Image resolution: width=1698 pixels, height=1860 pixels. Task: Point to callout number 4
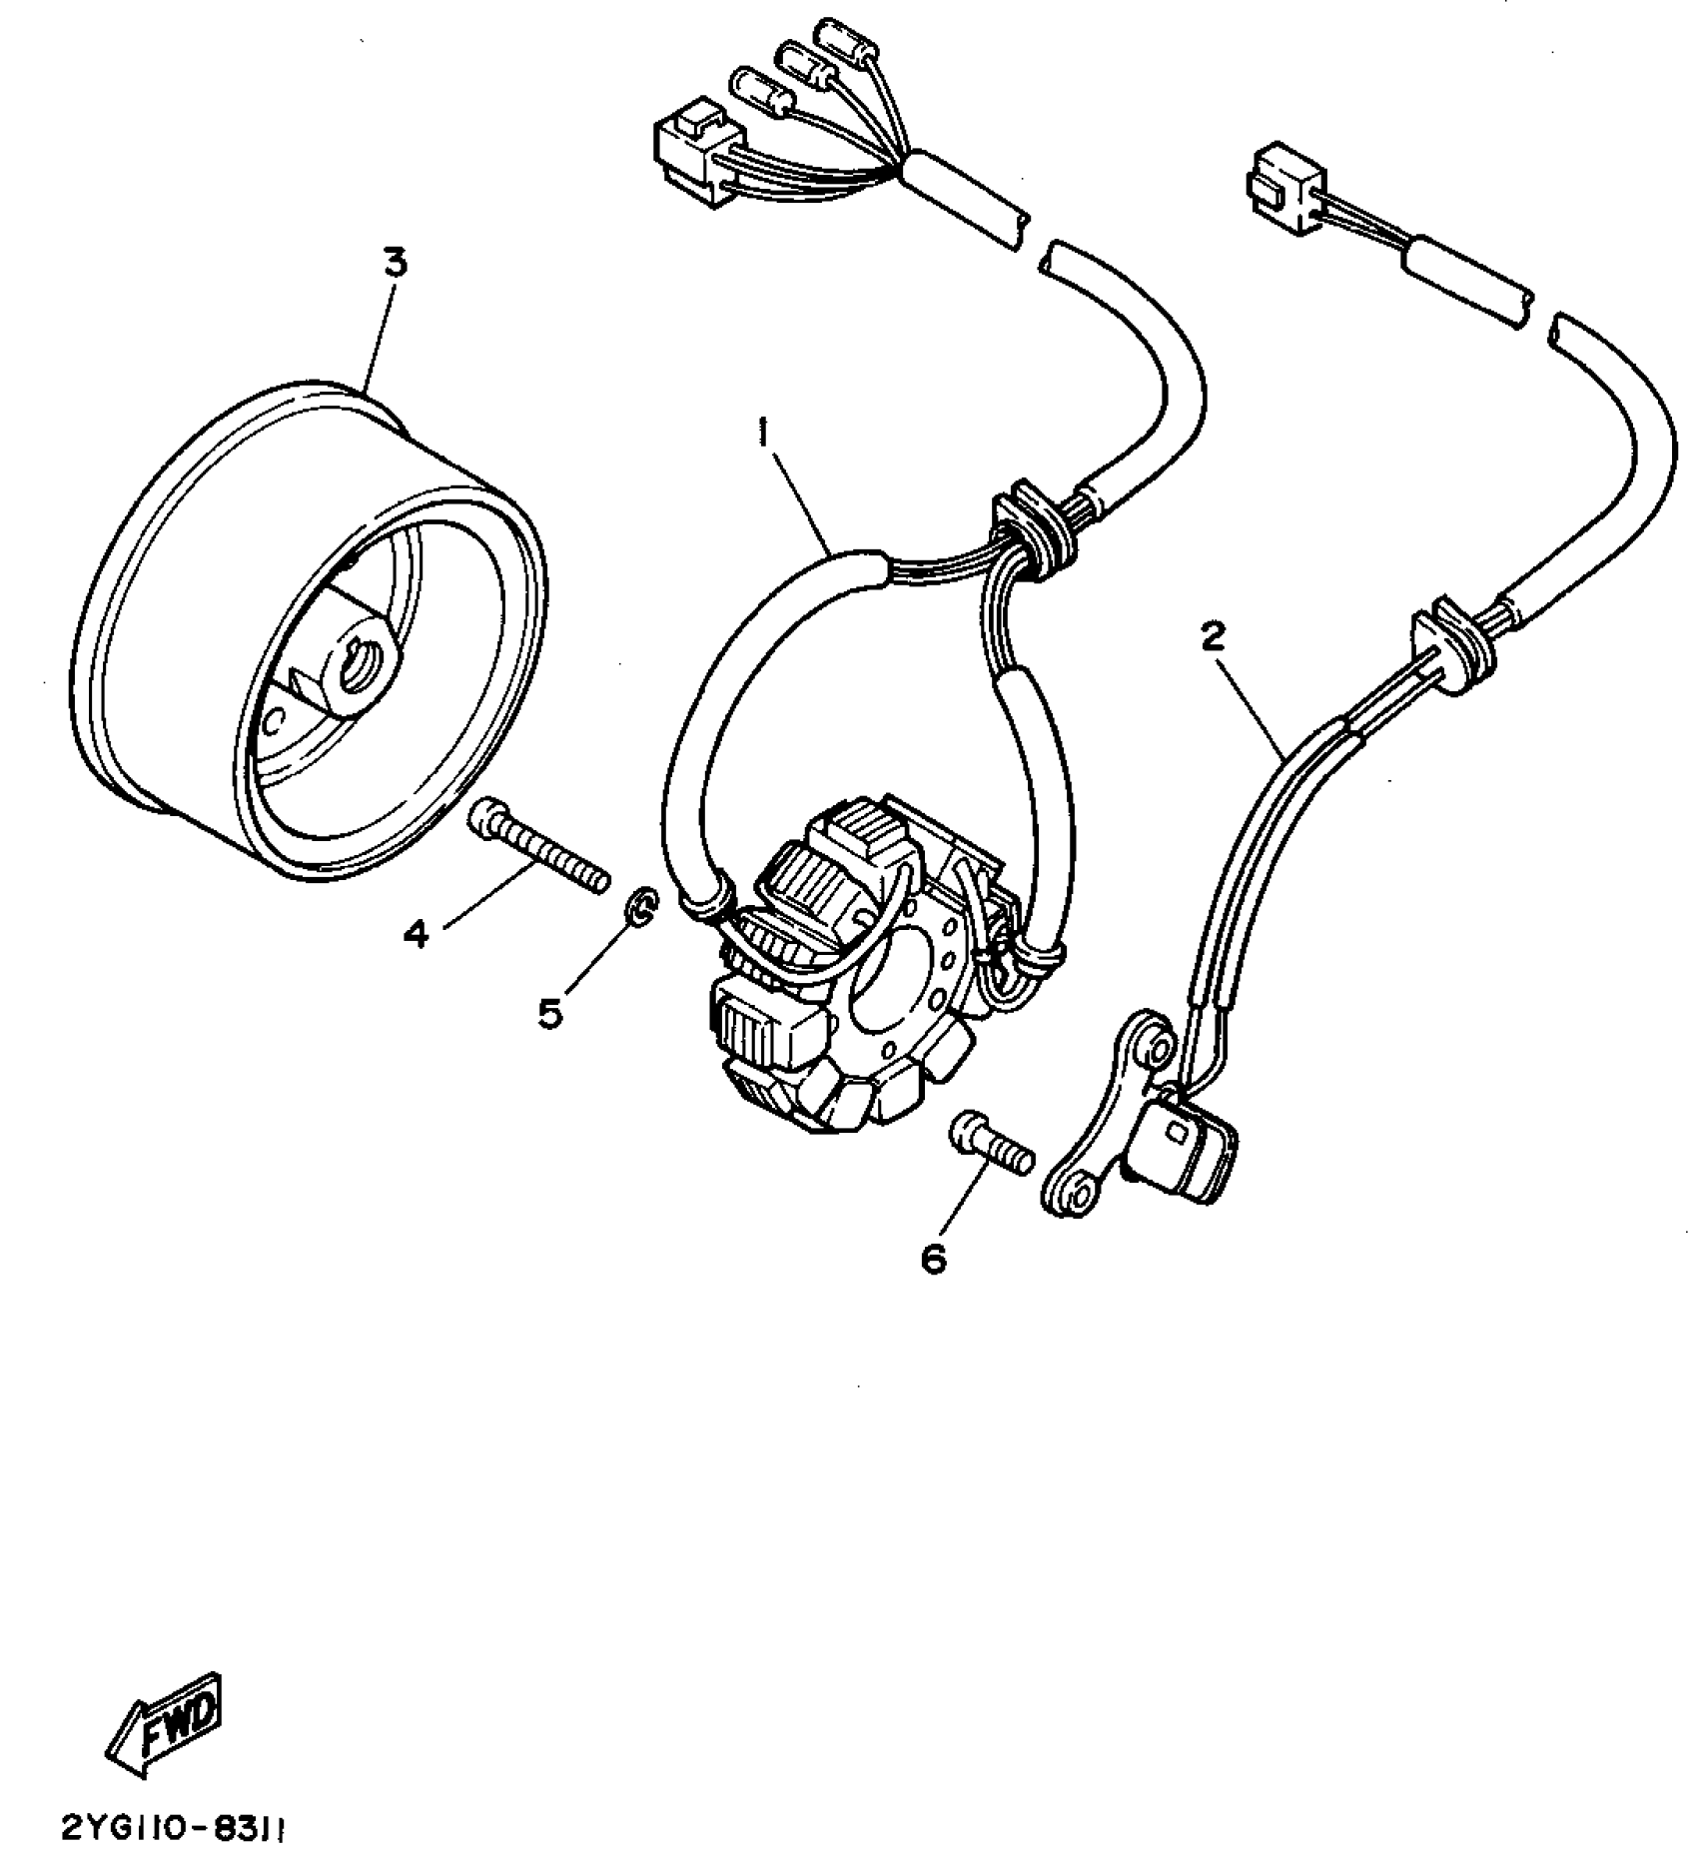coord(416,934)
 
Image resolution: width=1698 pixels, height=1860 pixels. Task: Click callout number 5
coord(550,1013)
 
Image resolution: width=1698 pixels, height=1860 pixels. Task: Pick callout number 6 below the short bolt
coord(933,1260)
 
